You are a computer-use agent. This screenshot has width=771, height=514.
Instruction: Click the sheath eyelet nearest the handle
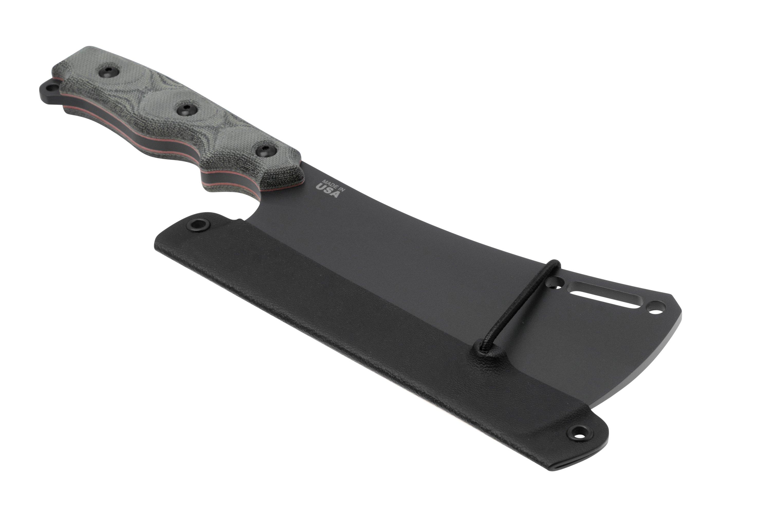point(199,224)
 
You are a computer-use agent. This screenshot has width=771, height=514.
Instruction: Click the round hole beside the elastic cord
point(555,281)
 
